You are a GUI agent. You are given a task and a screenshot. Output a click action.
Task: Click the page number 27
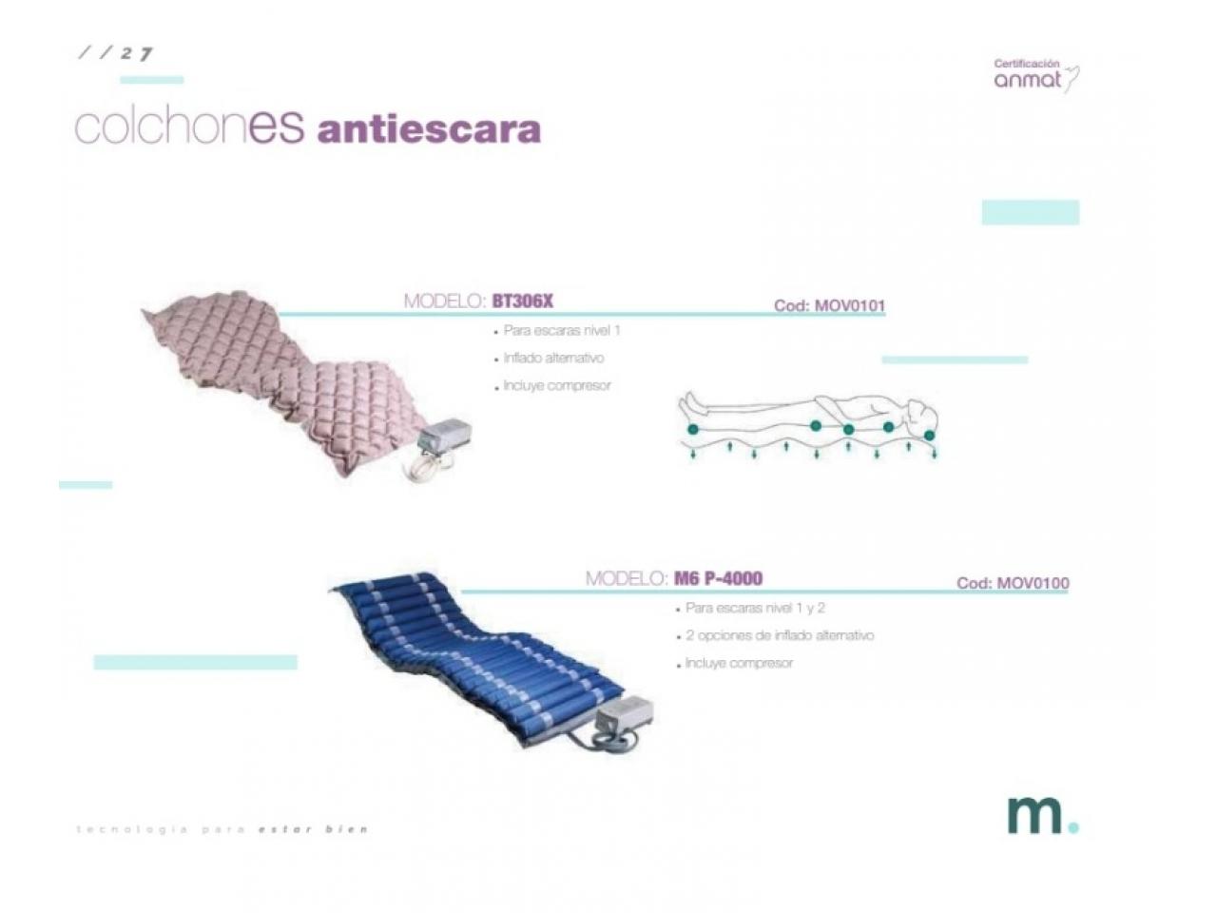[136, 54]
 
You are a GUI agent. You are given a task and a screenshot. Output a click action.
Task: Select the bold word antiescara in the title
[429, 129]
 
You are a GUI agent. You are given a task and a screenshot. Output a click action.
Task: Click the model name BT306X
[522, 301]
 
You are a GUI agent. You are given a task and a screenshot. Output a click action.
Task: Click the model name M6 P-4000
[718, 578]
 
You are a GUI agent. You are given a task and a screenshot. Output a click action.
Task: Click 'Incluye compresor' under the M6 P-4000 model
[739, 663]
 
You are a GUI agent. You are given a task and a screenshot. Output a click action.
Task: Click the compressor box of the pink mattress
[443, 434]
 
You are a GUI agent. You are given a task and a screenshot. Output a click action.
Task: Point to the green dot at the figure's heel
[692, 429]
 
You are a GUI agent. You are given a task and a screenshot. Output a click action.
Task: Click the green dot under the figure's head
[930, 436]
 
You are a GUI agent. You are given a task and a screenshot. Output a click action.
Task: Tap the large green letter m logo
[1035, 814]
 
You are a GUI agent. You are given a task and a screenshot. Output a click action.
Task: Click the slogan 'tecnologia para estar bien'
[222, 829]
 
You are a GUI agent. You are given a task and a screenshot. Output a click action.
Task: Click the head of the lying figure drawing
[922, 416]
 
